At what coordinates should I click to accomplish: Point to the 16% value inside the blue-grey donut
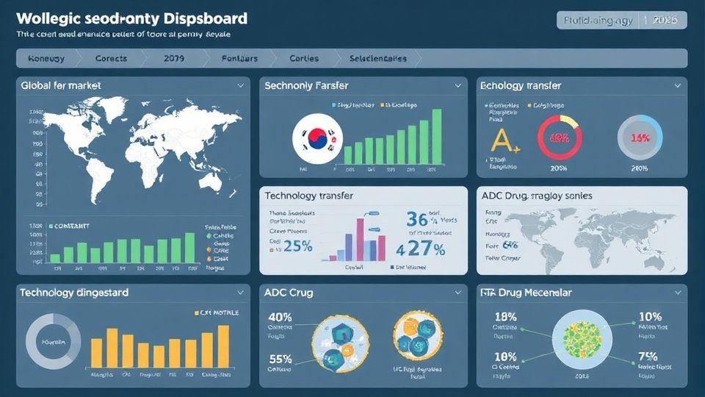[x=640, y=138]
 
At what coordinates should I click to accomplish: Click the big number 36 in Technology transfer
[x=417, y=220]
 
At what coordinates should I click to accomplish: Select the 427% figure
[x=421, y=248]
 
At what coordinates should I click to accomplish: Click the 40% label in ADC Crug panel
[x=281, y=318]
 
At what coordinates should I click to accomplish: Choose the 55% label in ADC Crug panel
[x=281, y=360]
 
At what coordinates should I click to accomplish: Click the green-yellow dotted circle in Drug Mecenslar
[x=582, y=338]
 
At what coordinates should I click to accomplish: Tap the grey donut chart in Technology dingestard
[x=53, y=343]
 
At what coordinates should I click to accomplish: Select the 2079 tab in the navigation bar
[x=175, y=58]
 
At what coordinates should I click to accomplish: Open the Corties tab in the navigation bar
[x=304, y=58]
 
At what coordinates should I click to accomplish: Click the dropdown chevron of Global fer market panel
[x=240, y=86]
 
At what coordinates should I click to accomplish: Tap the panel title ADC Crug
[x=289, y=293]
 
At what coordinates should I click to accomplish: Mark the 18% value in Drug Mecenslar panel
[x=506, y=317]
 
